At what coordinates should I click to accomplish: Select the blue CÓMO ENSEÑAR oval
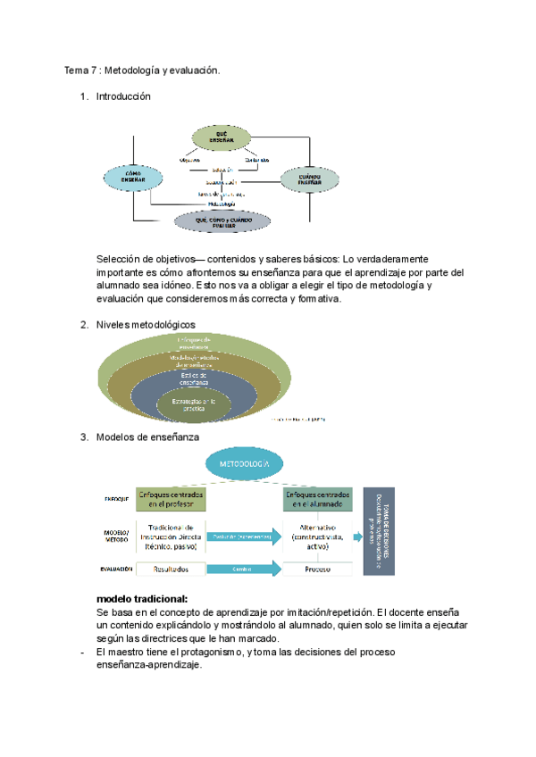[133, 178]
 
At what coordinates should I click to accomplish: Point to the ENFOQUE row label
[116, 499]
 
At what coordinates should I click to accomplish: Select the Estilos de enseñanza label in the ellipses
[194, 378]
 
